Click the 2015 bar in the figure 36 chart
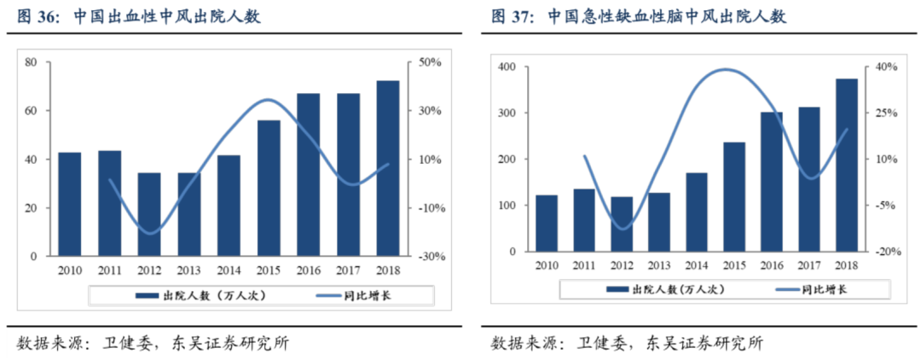point(269,188)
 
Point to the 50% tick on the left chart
point(428,62)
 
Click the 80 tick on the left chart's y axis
point(31,62)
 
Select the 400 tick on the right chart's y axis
point(507,67)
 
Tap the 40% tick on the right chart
point(878,67)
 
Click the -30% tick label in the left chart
point(428,256)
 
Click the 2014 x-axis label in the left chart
point(229,270)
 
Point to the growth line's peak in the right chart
point(725,70)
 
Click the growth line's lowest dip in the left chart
point(150,233)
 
